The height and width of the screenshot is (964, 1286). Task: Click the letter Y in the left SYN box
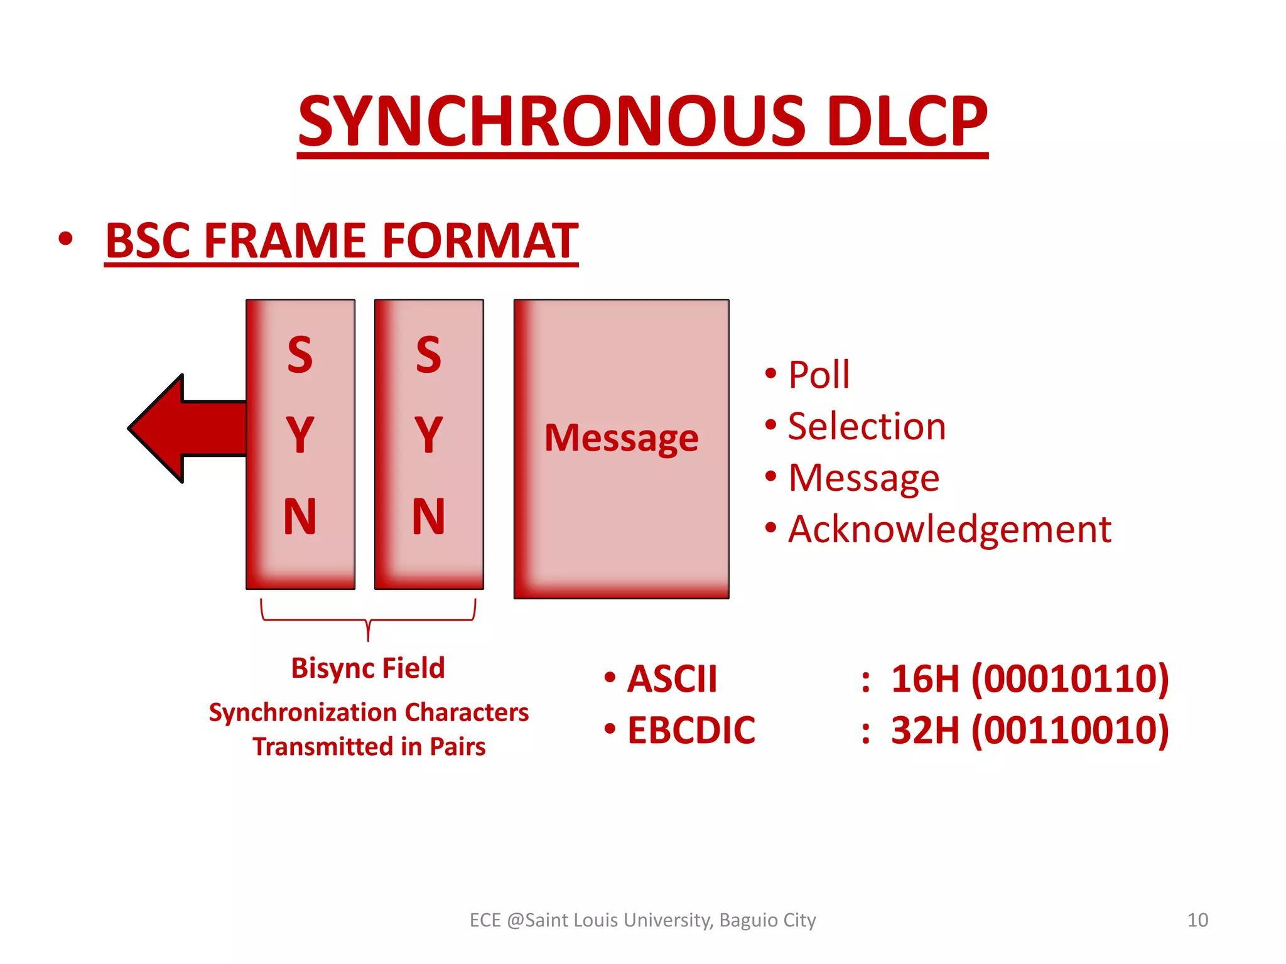(x=300, y=434)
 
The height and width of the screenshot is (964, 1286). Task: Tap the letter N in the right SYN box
(x=428, y=517)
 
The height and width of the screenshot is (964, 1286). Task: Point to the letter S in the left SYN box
(x=300, y=355)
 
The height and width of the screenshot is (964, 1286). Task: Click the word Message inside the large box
(x=621, y=437)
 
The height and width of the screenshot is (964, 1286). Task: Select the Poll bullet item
(x=818, y=375)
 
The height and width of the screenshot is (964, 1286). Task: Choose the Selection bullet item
(x=867, y=426)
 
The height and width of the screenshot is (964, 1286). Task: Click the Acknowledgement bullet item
(x=949, y=529)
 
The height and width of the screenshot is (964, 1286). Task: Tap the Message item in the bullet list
(x=863, y=478)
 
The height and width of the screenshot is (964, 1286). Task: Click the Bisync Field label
(x=368, y=668)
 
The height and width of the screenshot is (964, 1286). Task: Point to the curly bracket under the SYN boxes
(x=368, y=619)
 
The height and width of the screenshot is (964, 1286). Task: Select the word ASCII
(x=672, y=679)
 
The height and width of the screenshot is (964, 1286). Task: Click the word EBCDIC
(x=691, y=731)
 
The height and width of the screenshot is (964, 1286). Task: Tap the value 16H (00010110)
(x=1029, y=679)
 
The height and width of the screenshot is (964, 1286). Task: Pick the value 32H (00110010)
(x=1029, y=731)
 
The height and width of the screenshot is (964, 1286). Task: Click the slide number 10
(x=1197, y=920)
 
